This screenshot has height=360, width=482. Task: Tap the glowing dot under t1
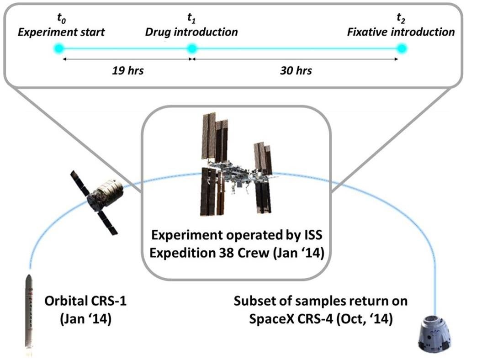(192, 48)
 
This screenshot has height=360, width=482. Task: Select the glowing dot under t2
(402, 48)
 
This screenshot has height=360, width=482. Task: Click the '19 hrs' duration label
(127, 71)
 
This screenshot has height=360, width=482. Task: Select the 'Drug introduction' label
(191, 32)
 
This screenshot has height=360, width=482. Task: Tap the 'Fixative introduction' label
(401, 32)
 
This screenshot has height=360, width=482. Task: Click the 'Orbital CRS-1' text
(85, 302)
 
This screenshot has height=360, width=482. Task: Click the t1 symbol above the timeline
(191, 19)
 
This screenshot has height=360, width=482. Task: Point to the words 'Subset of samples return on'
(321, 302)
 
